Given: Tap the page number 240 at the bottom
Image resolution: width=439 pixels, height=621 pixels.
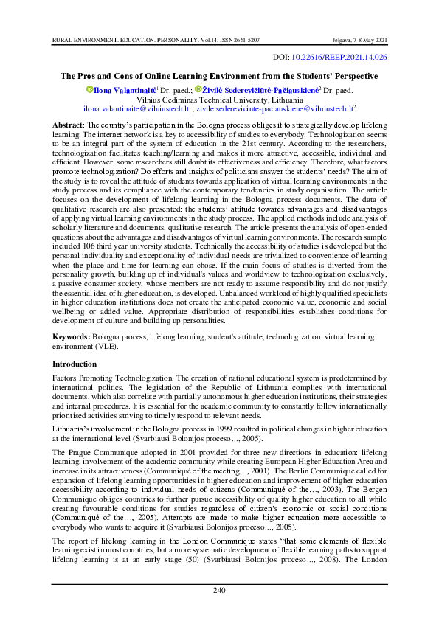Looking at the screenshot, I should click(219, 590).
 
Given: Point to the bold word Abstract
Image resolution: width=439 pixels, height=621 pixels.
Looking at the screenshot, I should click(67, 126).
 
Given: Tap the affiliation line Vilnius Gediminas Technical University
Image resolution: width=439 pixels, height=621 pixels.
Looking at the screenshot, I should click(219, 98).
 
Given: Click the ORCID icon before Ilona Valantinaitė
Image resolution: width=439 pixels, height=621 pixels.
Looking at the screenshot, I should click(89, 89).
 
